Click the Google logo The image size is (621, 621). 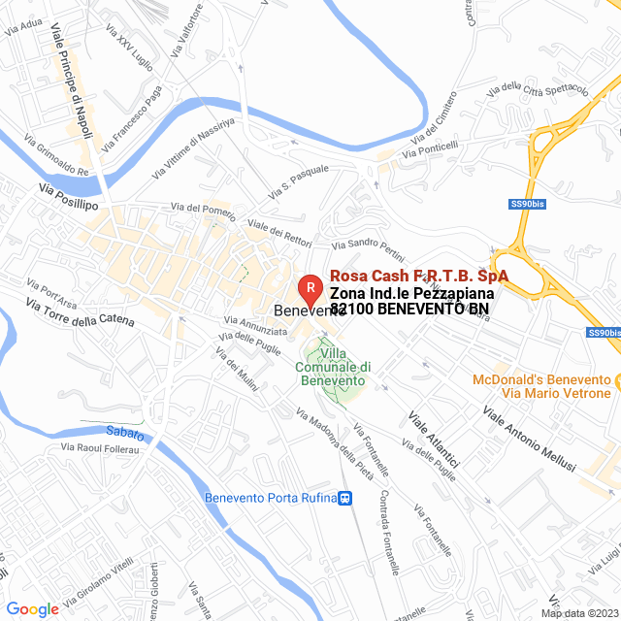(x=32, y=609)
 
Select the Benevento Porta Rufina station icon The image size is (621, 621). (x=344, y=499)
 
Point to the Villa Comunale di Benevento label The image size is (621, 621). (x=333, y=367)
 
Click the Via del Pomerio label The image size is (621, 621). (x=203, y=207)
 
